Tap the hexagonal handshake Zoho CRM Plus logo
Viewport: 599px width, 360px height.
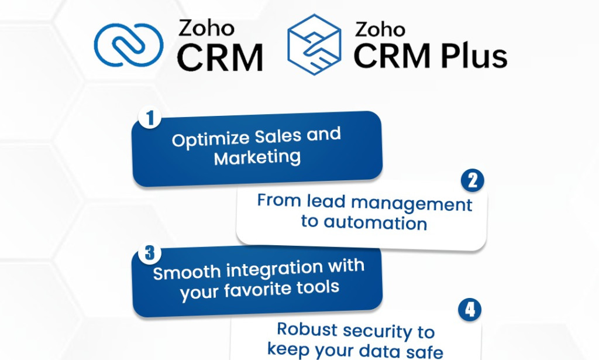(314, 44)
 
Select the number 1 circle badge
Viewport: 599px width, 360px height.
(150, 119)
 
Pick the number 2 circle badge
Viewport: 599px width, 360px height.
(473, 181)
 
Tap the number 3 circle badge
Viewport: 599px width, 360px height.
(150, 253)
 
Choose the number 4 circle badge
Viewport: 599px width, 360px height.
(470, 310)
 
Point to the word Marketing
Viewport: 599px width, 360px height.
(257, 157)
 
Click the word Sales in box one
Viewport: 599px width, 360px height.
(275, 137)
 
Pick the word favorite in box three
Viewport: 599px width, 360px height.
(273, 289)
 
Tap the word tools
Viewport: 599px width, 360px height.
(321, 287)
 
